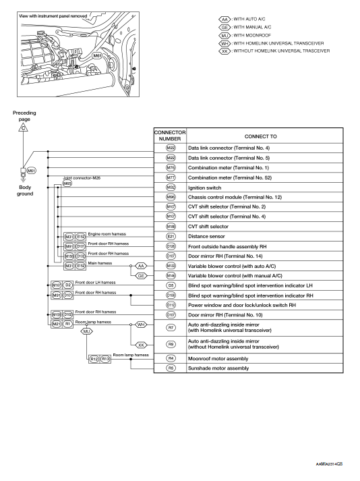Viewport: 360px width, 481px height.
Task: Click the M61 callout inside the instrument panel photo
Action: tap(97, 56)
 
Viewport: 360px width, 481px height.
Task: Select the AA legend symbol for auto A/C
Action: tap(225, 20)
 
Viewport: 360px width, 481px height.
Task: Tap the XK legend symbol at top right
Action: tap(225, 51)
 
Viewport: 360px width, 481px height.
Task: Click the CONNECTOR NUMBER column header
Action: tap(170, 135)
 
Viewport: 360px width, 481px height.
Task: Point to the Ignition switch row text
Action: tap(204, 187)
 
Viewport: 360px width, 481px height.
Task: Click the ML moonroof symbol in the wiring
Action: tap(86, 332)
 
